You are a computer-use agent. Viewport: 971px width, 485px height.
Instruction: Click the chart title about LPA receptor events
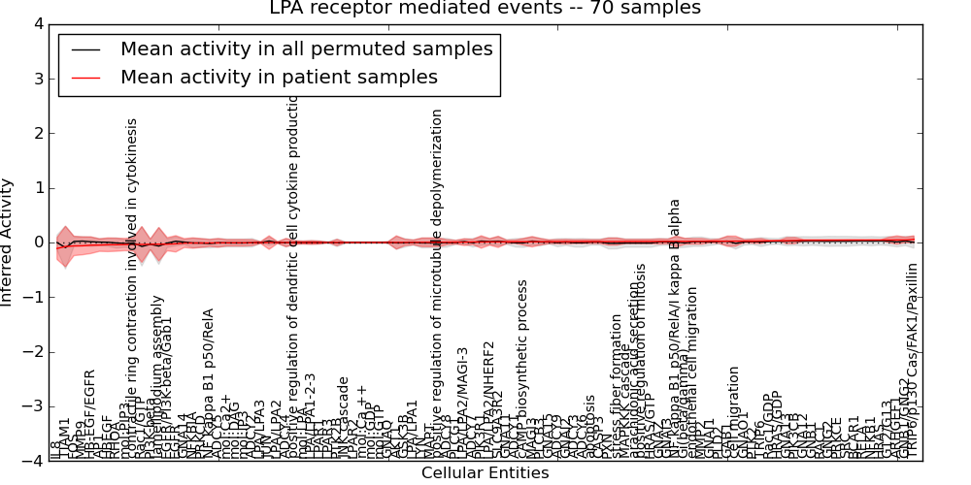tap(485, 9)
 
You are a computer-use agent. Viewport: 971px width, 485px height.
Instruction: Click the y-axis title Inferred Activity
tap(8, 242)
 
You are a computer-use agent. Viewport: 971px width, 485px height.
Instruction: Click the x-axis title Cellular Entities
tap(485, 473)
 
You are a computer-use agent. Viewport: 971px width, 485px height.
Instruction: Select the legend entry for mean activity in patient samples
tap(279, 78)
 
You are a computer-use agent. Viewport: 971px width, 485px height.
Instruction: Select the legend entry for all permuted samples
tap(306, 49)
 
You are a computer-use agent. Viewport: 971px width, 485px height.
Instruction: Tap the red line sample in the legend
tap(85, 78)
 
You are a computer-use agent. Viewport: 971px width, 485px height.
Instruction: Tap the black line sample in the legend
tap(85, 49)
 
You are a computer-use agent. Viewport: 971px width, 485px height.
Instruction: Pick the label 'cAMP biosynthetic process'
tap(522, 370)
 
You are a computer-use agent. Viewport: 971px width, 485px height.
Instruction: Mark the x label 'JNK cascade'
tap(343, 418)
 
